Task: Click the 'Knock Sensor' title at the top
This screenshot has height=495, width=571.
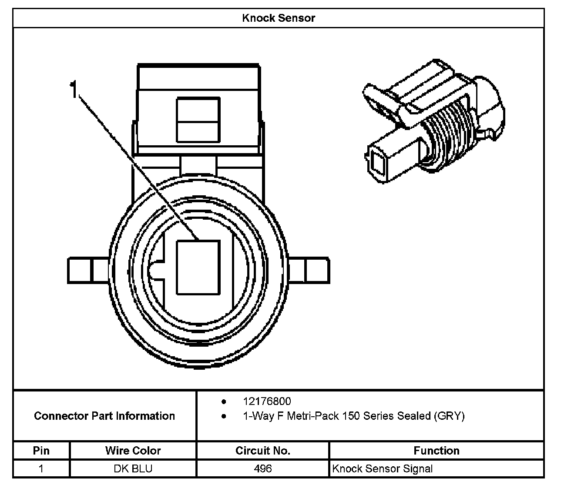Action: [x=278, y=18]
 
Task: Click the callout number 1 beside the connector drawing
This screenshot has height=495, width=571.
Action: [x=74, y=89]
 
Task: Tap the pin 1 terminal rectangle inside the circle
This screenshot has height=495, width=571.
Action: [x=198, y=267]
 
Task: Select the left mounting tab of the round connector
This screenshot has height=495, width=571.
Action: [x=89, y=270]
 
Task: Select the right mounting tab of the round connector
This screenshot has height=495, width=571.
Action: [x=309, y=270]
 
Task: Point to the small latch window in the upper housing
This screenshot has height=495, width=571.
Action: [x=198, y=120]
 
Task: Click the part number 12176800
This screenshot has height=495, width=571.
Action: [x=267, y=401]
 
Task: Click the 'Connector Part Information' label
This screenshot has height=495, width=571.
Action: [x=104, y=416]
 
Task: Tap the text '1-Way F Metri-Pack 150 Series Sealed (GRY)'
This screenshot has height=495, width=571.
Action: [x=353, y=416]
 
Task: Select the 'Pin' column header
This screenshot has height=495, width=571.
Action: [x=41, y=451]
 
